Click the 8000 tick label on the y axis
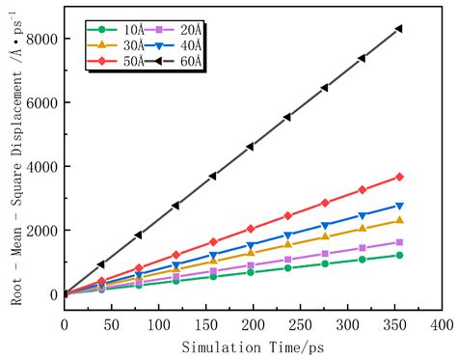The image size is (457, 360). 40,39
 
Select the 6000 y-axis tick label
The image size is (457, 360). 40,102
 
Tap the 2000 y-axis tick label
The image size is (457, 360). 40,230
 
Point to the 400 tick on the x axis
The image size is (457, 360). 442,325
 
